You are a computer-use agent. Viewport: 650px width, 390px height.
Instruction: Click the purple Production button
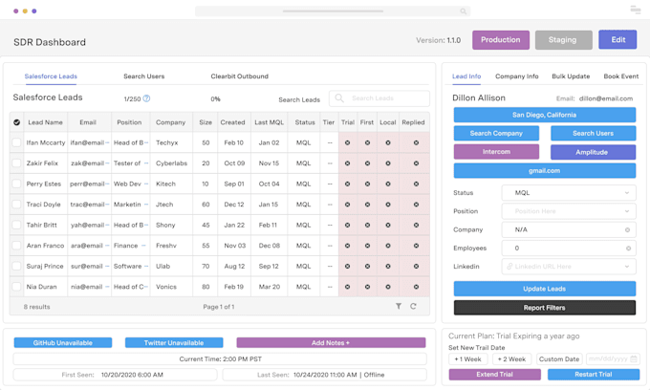click(x=500, y=40)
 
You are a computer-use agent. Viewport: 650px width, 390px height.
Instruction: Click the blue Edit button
click(x=617, y=40)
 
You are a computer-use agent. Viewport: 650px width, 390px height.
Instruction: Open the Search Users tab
click(x=143, y=76)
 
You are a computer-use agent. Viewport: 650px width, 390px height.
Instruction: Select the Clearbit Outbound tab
click(x=239, y=76)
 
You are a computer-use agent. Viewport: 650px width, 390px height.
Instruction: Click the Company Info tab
click(x=517, y=76)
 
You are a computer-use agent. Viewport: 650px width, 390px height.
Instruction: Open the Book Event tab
click(x=620, y=76)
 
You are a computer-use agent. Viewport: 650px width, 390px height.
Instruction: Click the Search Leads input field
click(x=379, y=98)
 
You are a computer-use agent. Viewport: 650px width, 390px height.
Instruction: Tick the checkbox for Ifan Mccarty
click(x=16, y=142)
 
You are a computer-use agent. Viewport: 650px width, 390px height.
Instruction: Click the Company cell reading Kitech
click(x=165, y=184)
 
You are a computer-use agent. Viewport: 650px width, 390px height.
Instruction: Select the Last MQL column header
click(x=269, y=122)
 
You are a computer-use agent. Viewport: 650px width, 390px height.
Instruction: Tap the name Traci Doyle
click(x=44, y=205)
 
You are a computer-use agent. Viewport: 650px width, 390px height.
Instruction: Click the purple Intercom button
click(x=496, y=152)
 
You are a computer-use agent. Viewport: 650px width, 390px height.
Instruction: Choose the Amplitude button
click(x=593, y=152)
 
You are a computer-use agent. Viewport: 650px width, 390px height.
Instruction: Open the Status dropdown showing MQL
click(x=568, y=193)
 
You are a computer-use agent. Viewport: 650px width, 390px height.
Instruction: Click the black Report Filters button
click(x=544, y=308)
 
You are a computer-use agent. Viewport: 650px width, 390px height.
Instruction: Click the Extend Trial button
click(x=494, y=375)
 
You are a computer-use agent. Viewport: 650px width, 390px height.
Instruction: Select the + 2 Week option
click(x=511, y=359)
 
